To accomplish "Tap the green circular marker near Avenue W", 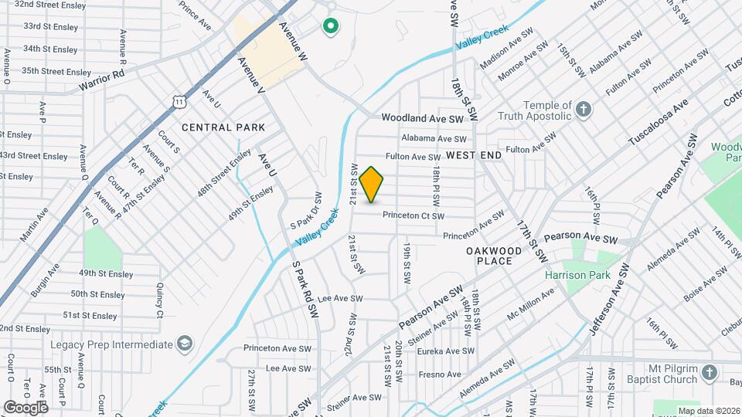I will pos(331,28).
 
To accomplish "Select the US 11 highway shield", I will pos(179,101).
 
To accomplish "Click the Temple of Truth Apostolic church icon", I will pos(584,110).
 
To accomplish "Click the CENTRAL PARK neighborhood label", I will pos(223,127).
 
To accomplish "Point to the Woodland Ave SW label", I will pos(421,119).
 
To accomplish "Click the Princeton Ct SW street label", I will pos(413,216).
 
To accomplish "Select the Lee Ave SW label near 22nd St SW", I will pos(340,298).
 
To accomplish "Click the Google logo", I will pos(26,407).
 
